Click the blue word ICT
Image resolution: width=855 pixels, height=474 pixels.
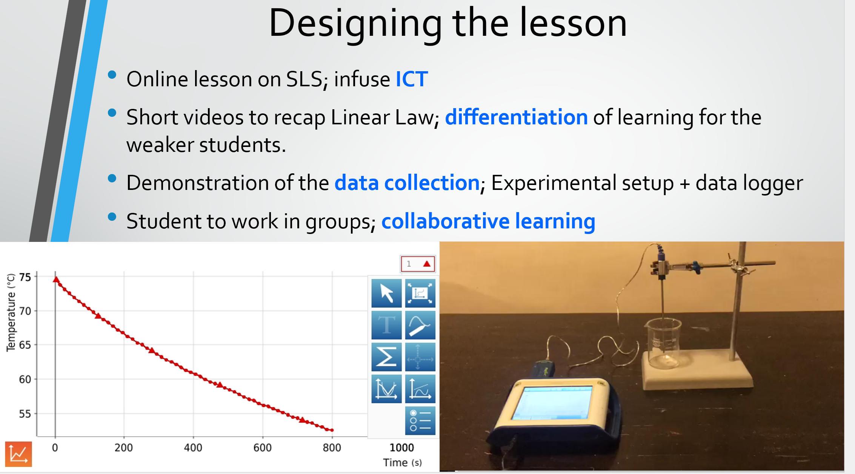coord(412,79)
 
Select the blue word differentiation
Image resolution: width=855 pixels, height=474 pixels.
coord(516,117)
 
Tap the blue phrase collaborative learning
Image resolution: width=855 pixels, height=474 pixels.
coord(488,221)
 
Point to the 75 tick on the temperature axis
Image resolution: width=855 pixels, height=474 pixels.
coord(25,277)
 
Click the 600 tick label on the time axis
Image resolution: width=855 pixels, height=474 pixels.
coord(262,448)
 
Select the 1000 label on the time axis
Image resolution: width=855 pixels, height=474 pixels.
coord(401,448)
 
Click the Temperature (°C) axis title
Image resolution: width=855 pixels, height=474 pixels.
coord(11,312)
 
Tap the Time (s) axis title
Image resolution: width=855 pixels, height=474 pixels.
coord(402,463)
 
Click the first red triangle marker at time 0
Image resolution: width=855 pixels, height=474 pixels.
coord(56,280)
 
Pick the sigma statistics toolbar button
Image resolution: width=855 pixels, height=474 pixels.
coord(386,357)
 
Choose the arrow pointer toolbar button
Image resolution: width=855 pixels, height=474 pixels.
coord(386,293)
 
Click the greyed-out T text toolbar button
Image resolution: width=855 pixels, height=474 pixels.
coord(386,325)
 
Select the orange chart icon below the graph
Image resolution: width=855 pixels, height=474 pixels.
coord(18,454)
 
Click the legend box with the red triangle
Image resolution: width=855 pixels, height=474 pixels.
coord(418,264)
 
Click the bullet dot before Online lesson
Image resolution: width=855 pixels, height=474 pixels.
coord(112,75)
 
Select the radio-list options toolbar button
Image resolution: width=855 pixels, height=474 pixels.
coord(420,420)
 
